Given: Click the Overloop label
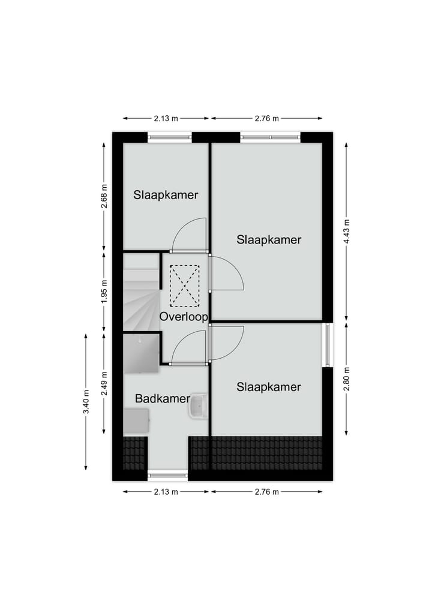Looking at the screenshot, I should pyautogui.click(x=184, y=316).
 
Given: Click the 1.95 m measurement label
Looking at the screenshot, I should pyautogui.click(x=104, y=291).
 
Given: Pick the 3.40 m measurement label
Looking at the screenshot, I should pyautogui.click(x=86, y=402).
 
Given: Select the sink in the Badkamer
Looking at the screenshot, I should pyautogui.click(x=197, y=406).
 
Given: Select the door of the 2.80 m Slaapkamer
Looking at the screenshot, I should pyautogui.click(x=227, y=342).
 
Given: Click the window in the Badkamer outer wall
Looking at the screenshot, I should pyautogui.click(x=167, y=476).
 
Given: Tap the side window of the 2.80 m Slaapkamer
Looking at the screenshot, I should pyautogui.click(x=328, y=345).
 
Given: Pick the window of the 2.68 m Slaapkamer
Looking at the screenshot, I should pyautogui.click(x=170, y=137).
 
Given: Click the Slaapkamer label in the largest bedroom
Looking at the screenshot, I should pyautogui.click(x=269, y=240).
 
